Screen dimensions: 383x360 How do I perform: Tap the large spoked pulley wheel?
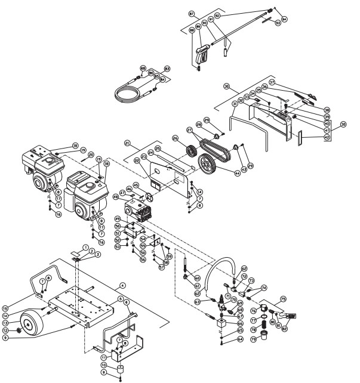point(208,163)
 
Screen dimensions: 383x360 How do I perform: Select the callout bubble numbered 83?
point(167,69)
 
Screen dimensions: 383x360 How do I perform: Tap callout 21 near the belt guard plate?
point(127,143)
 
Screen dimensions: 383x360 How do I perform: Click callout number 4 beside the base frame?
point(122,285)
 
